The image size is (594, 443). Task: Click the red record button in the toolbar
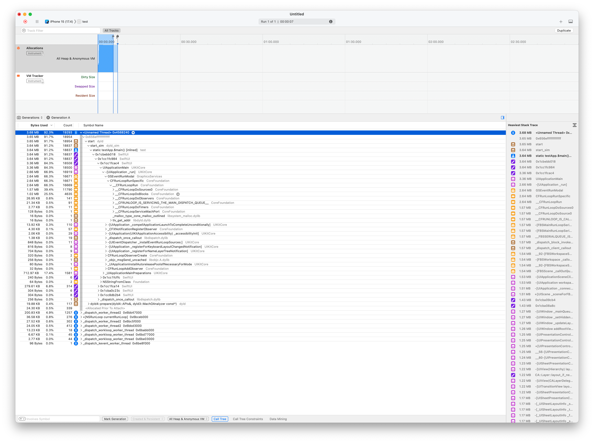pyautogui.click(x=25, y=21)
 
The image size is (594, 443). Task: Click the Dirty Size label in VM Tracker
pyautogui.click(x=88, y=77)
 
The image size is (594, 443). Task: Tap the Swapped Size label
pyautogui.click(x=85, y=86)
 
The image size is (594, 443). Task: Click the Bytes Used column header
pyautogui.click(x=39, y=125)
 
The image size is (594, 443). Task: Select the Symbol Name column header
pyautogui.click(x=93, y=125)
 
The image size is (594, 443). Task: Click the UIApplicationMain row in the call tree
pyautogui.click(x=116, y=168)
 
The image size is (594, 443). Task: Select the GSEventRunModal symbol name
pyautogui.click(x=121, y=176)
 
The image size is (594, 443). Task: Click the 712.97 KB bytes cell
pyautogui.click(x=31, y=273)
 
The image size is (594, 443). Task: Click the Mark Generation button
pyautogui.click(x=115, y=419)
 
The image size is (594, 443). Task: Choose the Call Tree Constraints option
pyautogui.click(x=248, y=419)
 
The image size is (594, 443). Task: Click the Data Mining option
pyautogui.click(x=278, y=419)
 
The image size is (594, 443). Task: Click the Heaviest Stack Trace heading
pyautogui.click(x=523, y=125)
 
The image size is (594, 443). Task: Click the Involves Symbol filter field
pyautogui.click(x=59, y=419)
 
